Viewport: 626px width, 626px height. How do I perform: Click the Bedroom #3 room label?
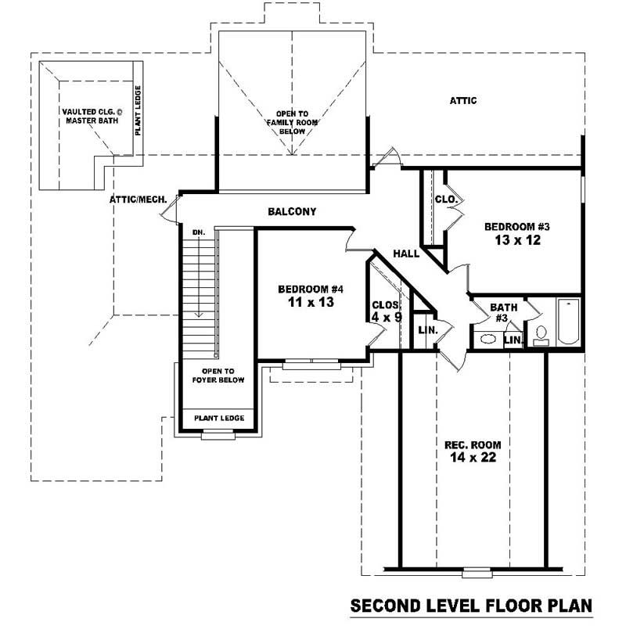[x=517, y=227]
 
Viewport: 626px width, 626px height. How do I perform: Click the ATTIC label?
[x=463, y=101]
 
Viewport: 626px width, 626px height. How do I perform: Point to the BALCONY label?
[x=292, y=211]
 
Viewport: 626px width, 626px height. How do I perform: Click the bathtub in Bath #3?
[x=568, y=322]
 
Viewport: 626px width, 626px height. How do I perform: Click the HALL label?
[x=406, y=254]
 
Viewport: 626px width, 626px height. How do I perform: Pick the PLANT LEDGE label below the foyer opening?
[x=219, y=418]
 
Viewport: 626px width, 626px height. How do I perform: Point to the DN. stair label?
[x=198, y=232]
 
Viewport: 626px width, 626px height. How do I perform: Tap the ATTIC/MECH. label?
[x=138, y=200]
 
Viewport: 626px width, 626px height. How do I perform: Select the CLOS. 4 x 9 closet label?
[x=386, y=311]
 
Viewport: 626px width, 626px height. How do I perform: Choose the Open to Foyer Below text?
[x=219, y=376]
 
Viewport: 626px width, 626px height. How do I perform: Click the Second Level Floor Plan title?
[x=471, y=606]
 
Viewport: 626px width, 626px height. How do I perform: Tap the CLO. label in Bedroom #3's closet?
[x=445, y=200]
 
